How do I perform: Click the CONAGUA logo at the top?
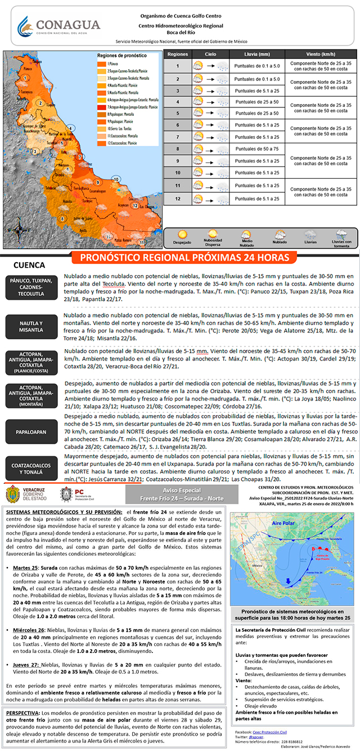click(58, 26)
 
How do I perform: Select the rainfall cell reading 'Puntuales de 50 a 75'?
click(256, 149)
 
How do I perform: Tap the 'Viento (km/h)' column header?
click(321, 55)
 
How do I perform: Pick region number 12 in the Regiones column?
click(177, 199)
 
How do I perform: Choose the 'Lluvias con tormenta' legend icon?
click(341, 234)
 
